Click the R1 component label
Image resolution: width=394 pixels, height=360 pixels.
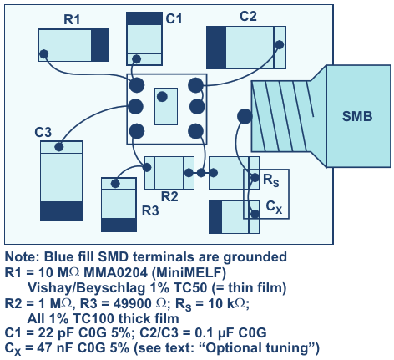coord(72,19)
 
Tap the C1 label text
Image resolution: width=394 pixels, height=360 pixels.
coord(174,18)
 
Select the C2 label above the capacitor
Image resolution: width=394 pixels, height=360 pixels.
coord(248,16)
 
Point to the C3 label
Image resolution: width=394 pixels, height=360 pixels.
coord(43,132)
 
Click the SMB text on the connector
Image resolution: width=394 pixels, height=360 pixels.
coord(357,116)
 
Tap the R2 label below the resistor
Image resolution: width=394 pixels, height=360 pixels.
coord(169,196)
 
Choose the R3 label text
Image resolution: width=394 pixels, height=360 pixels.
coord(150,210)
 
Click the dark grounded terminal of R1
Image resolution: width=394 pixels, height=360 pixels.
coord(99,45)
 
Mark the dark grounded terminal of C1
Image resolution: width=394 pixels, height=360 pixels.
coord(144,18)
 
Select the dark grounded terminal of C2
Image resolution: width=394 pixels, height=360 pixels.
coord(216,48)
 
